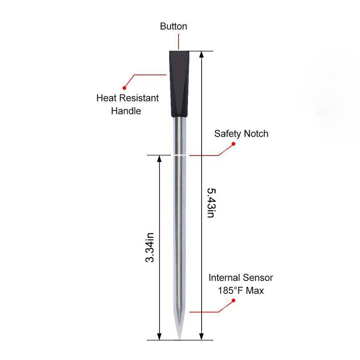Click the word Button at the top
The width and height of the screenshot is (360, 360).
point(174,26)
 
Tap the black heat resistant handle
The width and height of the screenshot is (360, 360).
point(179,84)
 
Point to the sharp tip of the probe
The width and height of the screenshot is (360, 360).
point(179,338)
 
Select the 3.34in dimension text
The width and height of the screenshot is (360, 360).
point(150,247)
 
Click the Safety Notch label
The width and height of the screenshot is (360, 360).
point(241,134)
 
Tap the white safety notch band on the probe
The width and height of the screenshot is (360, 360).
point(180,155)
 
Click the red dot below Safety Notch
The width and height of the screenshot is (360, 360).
point(234,144)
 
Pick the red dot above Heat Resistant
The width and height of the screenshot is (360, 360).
point(124,88)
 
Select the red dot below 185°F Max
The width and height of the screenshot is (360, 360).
point(234,300)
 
